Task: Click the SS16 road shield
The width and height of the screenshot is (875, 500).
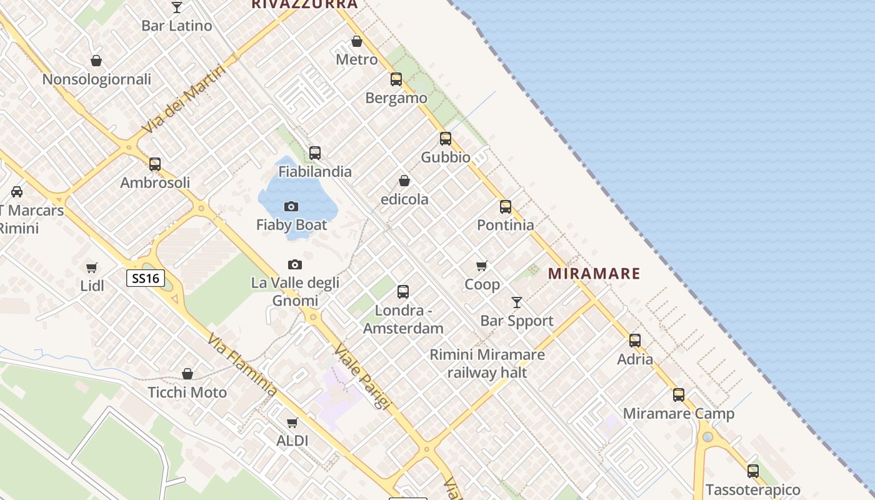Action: [x=146, y=278]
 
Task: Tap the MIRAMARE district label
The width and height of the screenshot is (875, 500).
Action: [x=594, y=273]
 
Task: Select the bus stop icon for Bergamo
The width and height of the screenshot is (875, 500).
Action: [x=396, y=79]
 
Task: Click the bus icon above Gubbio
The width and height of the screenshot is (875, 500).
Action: [x=446, y=139]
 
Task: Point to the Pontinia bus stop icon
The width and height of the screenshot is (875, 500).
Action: [x=506, y=207]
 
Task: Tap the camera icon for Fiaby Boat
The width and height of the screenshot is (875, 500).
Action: [x=291, y=206]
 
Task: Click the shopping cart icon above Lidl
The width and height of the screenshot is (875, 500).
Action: [x=92, y=267]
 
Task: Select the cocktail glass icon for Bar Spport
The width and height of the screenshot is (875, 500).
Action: [x=517, y=302]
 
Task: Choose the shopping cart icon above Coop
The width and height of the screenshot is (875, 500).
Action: [x=482, y=266]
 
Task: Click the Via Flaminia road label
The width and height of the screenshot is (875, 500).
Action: [x=242, y=366]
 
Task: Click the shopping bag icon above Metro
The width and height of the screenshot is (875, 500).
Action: [x=357, y=42]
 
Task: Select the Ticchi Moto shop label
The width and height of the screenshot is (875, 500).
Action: [x=187, y=392]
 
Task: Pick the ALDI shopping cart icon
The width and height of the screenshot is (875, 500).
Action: [x=292, y=423]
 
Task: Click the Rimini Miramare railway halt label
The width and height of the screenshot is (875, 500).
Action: [x=487, y=364]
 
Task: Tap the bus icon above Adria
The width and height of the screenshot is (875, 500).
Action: [x=635, y=341]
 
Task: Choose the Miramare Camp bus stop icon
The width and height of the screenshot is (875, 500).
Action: [x=679, y=395]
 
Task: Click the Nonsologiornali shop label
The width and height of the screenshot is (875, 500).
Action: [x=97, y=79]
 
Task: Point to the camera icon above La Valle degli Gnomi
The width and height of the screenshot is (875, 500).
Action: [x=295, y=265]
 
